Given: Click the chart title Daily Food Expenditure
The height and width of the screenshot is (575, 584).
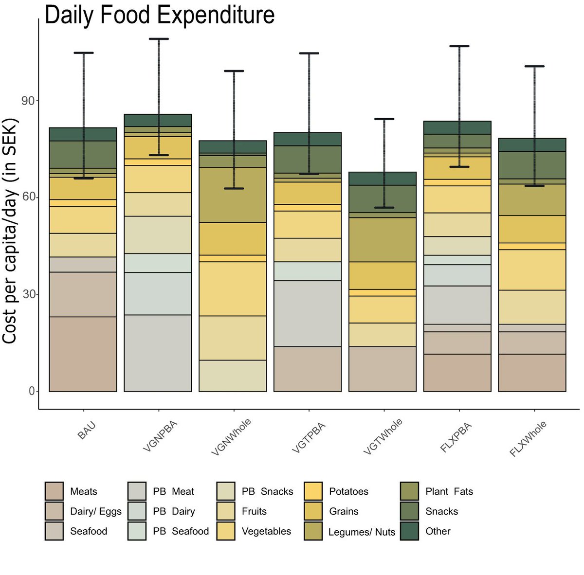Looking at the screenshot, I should point(160,15).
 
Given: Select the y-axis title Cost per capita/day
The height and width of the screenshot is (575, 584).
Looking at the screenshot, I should point(10,231).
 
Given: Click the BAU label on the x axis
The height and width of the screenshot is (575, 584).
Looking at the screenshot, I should point(87,431).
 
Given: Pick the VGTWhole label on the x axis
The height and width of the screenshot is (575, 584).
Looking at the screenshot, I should point(383,437).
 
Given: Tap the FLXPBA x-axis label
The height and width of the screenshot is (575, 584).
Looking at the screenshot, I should point(456,438).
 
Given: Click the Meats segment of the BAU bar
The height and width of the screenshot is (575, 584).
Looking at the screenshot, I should point(83,354).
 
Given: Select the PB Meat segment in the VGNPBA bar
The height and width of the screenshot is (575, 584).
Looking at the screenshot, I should point(158,353).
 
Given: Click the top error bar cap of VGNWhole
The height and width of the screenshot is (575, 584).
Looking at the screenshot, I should point(234,71).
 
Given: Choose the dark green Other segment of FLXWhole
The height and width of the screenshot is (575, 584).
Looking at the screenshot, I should point(532,145).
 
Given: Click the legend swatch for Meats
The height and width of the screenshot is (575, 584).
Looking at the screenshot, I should point(54,491).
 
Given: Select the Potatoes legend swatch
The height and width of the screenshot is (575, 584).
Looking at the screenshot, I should point(313,491).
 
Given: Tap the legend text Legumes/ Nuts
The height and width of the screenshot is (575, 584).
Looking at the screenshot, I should point(362,532).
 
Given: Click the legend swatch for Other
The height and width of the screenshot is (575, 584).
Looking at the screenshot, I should point(409,531).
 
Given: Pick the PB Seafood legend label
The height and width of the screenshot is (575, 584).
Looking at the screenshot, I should point(181,531).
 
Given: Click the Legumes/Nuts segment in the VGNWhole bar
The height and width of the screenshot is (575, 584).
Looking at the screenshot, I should point(233,195).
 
